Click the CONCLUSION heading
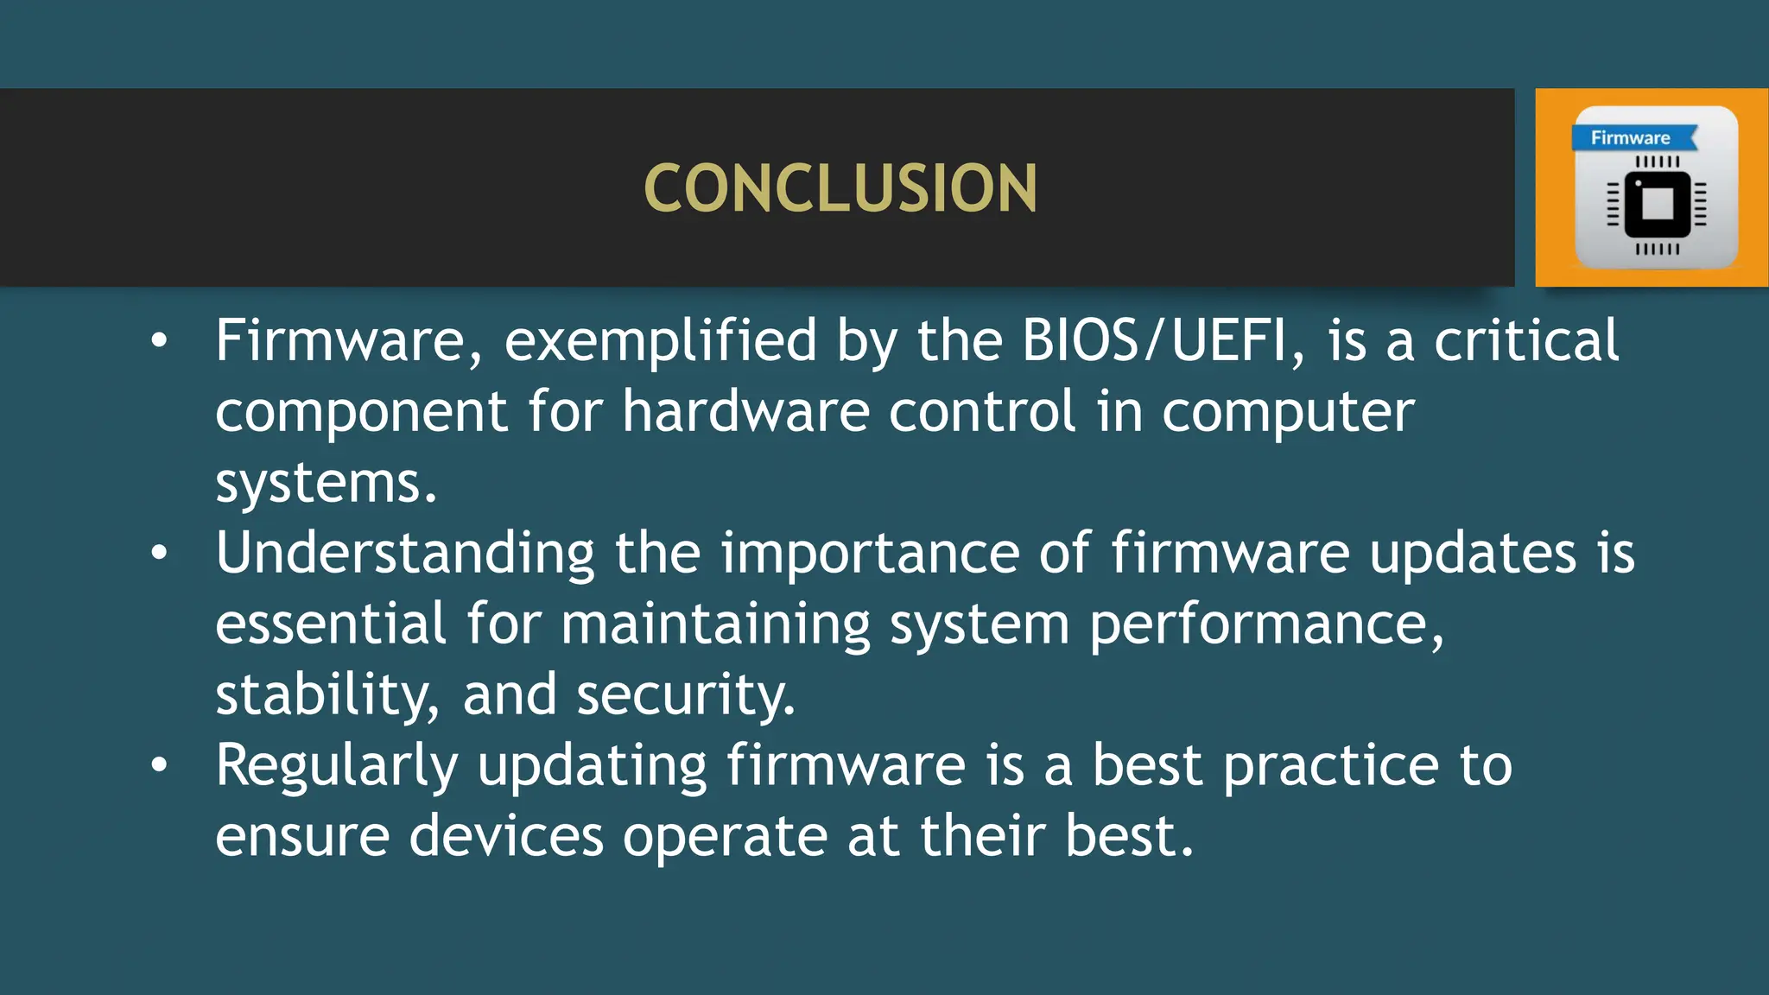(x=840, y=188)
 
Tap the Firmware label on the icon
(x=1630, y=138)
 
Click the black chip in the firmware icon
(x=1657, y=205)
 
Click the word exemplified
(x=660, y=340)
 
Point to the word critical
(x=1526, y=340)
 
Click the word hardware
(x=745, y=411)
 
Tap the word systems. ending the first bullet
(x=326, y=482)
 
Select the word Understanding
(x=405, y=553)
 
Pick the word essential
(x=331, y=624)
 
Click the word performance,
(x=1266, y=624)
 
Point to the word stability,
(x=327, y=694)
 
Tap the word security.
(x=686, y=694)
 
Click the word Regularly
(x=336, y=765)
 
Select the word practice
(x=1331, y=765)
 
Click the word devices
(x=506, y=836)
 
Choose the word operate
(x=726, y=836)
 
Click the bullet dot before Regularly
(x=159, y=765)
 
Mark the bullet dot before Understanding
(x=159, y=553)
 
